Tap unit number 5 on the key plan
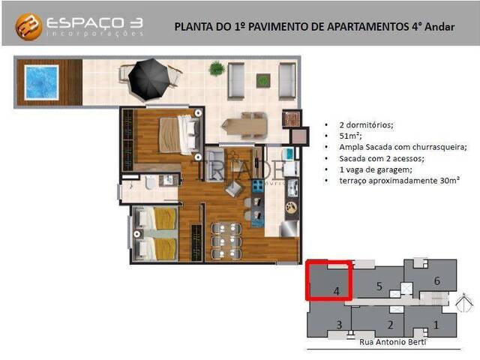tap(379, 285)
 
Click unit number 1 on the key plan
tap(436, 325)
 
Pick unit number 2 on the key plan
tap(390, 325)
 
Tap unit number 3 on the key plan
tap(339, 325)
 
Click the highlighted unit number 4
tap(337, 290)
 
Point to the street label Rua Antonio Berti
tap(393, 343)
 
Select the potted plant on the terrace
tap(217, 69)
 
